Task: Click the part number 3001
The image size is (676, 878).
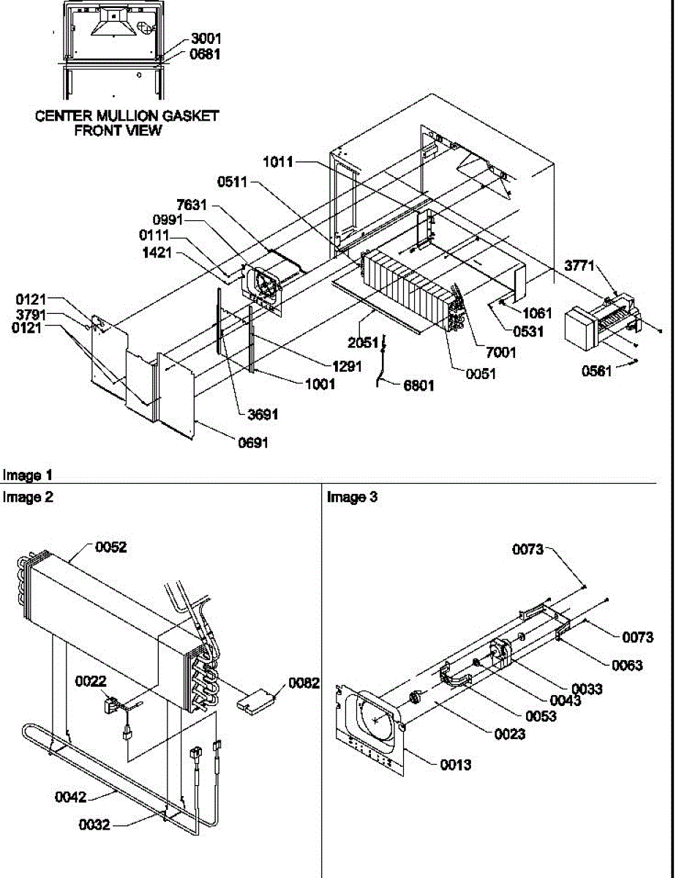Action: coord(206,38)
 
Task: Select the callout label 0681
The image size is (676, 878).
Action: coord(206,54)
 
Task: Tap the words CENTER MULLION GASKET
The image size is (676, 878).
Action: coord(127,116)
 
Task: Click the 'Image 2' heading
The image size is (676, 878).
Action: coord(28,498)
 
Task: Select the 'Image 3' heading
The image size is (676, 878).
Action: coord(353,498)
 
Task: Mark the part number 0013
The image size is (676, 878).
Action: coord(455,765)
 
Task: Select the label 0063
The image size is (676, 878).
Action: coord(627,665)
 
